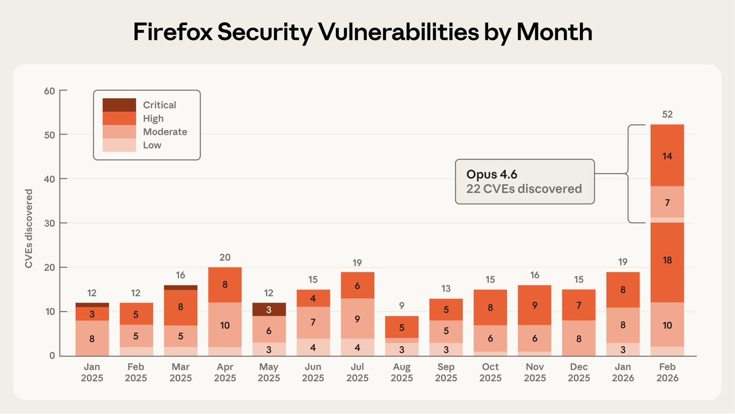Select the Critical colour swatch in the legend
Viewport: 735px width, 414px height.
[119, 105]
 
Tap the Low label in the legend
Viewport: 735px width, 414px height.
[152, 145]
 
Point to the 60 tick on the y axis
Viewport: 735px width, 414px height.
[49, 91]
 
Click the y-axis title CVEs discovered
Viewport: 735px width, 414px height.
[29, 229]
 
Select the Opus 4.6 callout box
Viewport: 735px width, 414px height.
[524, 182]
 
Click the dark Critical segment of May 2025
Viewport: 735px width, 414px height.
[268, 309]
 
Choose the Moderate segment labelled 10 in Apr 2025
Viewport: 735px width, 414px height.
[224, 325]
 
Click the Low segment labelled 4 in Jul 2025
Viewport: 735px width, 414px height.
[357, 347]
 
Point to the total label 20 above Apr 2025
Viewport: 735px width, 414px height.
[224, 257]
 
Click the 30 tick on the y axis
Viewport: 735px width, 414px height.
[49, 223]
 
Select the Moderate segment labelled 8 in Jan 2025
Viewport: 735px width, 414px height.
[92, 338]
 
